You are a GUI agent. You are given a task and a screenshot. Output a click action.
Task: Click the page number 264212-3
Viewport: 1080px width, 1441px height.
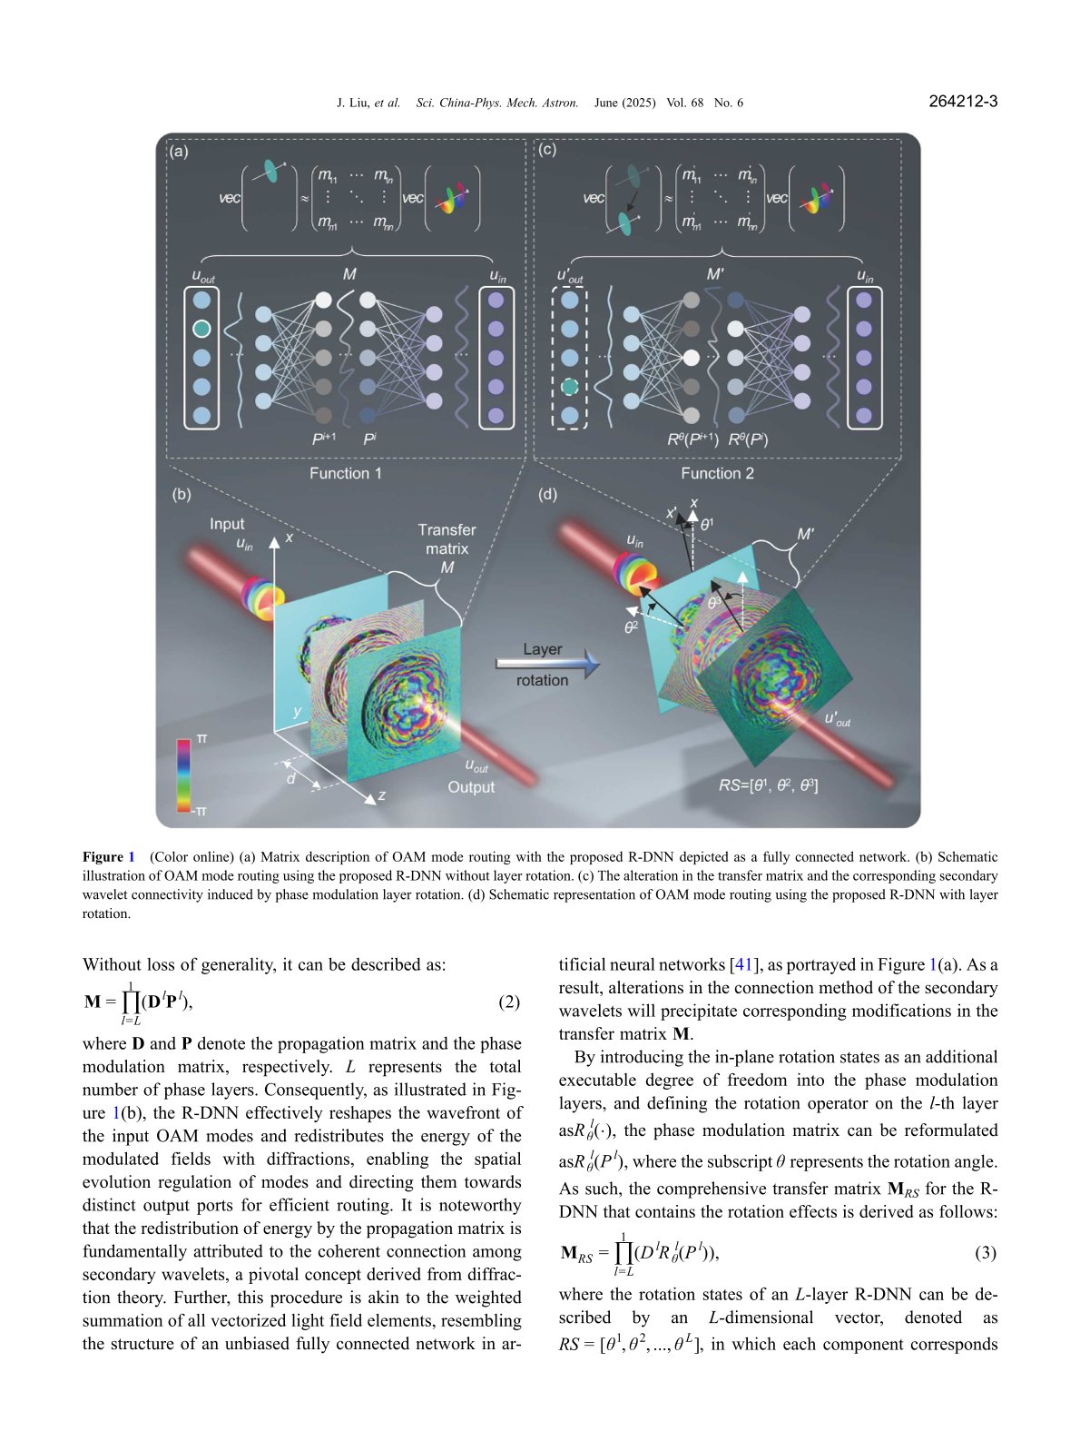click(963, 102)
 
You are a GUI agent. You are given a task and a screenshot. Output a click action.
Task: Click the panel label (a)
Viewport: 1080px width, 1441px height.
click(179, 152)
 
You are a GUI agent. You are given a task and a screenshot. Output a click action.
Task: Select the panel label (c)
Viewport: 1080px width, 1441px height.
click(547, 150)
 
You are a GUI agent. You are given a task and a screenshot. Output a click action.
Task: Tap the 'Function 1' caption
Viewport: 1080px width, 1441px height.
click(346, 473)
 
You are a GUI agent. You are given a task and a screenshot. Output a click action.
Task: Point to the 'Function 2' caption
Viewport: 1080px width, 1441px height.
click(717, 473)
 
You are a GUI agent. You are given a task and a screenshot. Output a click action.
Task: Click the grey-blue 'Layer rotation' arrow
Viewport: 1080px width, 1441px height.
click(547, 665)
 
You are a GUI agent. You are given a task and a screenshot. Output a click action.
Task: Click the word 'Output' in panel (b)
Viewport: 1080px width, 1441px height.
click(471, 787)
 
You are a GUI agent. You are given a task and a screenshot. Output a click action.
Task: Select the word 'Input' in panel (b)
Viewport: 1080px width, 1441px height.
click(227, 524)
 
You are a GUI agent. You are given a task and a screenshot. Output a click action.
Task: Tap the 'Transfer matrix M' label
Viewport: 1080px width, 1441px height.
click(447, 548)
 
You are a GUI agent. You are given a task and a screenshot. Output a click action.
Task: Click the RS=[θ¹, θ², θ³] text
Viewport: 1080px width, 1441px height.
click(769, 785)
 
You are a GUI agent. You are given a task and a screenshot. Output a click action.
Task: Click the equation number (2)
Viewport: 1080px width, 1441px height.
click(509, 1002)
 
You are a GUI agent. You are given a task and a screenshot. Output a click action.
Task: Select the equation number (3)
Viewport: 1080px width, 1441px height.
click(986, 1253)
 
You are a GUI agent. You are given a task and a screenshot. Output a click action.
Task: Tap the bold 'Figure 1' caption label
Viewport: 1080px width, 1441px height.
click(108, 857)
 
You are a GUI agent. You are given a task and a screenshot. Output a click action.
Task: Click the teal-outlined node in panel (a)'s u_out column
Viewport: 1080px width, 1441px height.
click(202, 329)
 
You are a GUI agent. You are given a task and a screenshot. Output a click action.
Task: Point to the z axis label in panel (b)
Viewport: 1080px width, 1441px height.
click(382, 795)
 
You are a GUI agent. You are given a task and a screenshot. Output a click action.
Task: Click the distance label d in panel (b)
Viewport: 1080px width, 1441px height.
click(291, 778)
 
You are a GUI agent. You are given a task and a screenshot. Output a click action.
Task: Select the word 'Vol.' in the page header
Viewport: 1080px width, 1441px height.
click(676, 103)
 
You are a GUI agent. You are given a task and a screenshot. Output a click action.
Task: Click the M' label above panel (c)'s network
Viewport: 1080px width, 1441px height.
click(715, 273)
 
